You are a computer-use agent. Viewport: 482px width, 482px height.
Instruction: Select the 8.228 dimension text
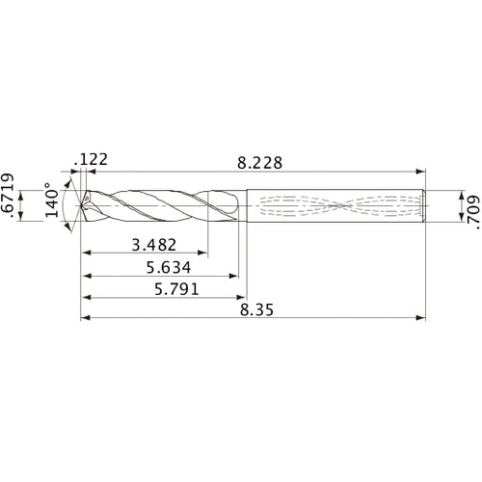click(253, 163)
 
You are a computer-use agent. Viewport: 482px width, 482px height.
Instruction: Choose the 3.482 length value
click(154, 243)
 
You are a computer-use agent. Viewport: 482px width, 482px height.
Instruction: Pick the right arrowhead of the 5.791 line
click(241, 298)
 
